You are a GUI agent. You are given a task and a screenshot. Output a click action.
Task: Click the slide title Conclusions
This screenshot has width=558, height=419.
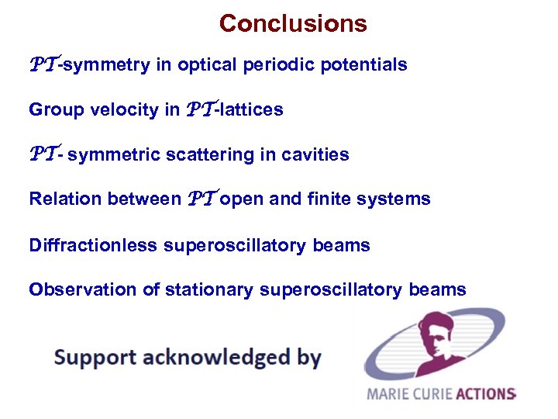pyautogui.click(x=293, y=23)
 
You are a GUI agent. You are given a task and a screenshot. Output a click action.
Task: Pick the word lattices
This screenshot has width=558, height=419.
pyautogui.click(x=253, y=110)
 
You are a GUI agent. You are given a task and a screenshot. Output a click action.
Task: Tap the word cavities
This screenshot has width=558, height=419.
pyautogui.click(x=317, y=155)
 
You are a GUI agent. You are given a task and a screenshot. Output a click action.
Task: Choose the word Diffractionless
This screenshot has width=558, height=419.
pyautogui.click(x=93, y=246)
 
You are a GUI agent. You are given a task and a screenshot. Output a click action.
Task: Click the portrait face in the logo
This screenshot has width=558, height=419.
pyautogui.click(x=431, y=342)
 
